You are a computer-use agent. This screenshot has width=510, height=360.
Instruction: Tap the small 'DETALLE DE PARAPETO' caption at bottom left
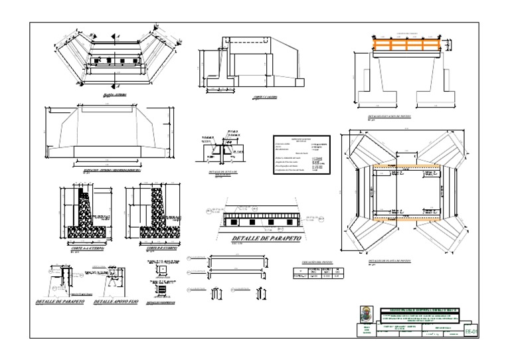pos(60,302)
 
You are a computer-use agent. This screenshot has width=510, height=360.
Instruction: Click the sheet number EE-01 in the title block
pos(470,329)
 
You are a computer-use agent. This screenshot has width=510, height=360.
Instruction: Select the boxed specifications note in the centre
pos(301,155)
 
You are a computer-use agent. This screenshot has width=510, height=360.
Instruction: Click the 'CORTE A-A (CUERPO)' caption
pos(84,249)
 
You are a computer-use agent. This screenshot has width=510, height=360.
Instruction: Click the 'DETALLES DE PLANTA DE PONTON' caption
pos(390,262)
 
